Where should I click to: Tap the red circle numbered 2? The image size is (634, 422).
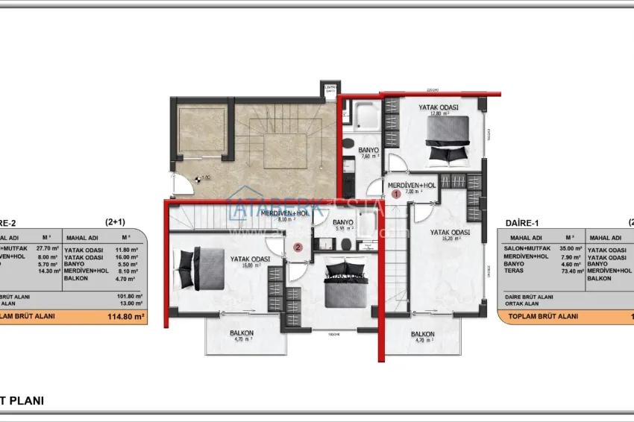pos(298,248)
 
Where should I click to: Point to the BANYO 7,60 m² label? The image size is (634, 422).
pos(369,153)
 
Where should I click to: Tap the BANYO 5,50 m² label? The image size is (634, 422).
pos(343,225)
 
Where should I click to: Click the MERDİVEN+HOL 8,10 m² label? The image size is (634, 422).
pos(283,216)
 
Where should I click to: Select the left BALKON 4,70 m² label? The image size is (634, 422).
pos(242,336)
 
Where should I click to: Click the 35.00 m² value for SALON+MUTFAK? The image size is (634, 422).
pos(569,248)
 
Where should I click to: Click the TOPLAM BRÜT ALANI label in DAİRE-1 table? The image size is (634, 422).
pos(542,316)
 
